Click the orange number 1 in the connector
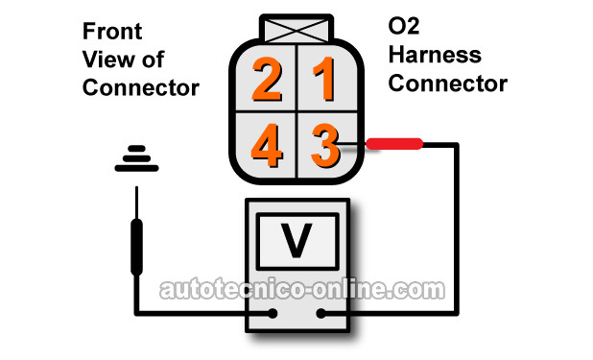point(325,79)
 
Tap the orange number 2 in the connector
point(267,79)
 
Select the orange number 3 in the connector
point(325,145)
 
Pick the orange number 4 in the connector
point(267,145)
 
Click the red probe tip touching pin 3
point(394,144)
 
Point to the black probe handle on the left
point(136,247)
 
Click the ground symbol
point(136,158)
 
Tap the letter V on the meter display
point(296,240)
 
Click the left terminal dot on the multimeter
point(273,313)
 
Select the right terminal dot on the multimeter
point(321,313)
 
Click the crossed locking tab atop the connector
point(296,29)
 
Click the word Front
point(112,31)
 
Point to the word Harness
point(435,55)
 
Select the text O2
point(404,26)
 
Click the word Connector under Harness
point(448,84)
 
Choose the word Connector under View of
point(141,87)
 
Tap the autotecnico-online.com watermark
point(302,290)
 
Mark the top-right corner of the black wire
point(457,144)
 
